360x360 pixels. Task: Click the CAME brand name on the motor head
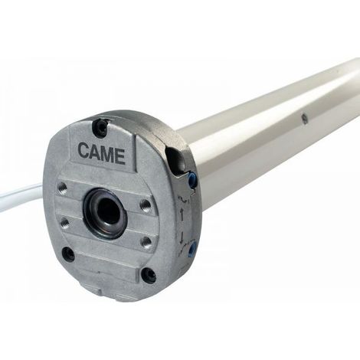[x=102, y=154]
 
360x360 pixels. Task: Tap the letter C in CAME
[x=83, y=151]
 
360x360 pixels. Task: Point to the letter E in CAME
[x=120, y=156]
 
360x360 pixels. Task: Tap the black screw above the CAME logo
[x=100, y=127]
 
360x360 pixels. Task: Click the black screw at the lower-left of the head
[x=68, y=254]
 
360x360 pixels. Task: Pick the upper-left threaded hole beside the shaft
[x=63, y=188]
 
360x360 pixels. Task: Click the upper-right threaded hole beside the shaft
[x=146, y=205]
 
